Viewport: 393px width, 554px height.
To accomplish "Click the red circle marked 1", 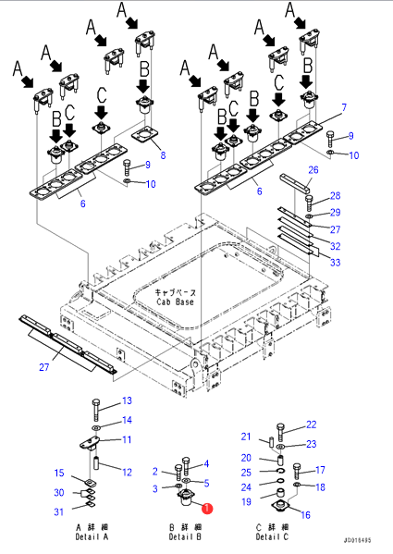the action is coord(207,509).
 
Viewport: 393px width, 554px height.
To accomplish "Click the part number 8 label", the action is coord(163,155).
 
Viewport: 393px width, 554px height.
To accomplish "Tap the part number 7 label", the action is coord(344,107).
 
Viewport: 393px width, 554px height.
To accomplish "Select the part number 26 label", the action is coord(313,170).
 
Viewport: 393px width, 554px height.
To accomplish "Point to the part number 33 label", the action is coord(335,262).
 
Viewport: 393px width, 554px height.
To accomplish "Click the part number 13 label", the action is coord(127,400).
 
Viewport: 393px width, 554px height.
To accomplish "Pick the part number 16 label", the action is coord(306,515).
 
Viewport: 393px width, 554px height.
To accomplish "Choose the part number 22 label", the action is coord(311,425).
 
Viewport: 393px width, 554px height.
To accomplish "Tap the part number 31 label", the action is coord(59,511).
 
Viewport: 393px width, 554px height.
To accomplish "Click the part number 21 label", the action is coord(246,437).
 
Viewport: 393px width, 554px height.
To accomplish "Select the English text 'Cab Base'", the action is coord(175,302).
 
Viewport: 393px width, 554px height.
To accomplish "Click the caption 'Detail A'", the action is coord(92,536).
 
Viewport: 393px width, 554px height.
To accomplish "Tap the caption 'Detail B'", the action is coord(185,536).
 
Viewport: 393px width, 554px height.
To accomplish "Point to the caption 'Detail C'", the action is coord(272,536).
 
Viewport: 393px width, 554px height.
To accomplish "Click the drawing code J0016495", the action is coord(357,540).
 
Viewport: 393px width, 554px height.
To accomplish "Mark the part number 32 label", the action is coord(335,246).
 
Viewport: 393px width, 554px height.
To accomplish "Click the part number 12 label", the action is coord(127,472).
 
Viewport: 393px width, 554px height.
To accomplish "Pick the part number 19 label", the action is coord(246,501).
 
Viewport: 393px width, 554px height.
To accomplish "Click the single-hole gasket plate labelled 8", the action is coord(144,135).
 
